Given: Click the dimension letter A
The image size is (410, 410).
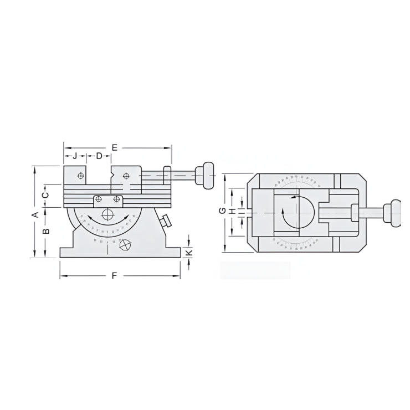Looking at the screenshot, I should [x=34, y=214].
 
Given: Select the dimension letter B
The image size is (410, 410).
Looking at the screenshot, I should [x=47, y=230].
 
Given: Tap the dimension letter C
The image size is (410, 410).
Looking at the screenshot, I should [x=47, y=194].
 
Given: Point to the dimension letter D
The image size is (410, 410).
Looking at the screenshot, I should [x=99, y=156].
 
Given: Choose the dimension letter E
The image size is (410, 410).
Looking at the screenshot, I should [x=115, y=147].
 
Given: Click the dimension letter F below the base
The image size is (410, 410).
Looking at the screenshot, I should [x=115, y=275].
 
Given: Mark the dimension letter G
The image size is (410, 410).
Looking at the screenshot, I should [x=222, y=211].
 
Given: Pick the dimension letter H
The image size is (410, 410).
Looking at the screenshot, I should [x=233, y=211].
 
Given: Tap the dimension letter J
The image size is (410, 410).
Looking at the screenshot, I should [x=75, y=156].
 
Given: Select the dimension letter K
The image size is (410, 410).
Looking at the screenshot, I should [x=189, y=252].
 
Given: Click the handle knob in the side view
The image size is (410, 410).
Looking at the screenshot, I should [x=208, y=175].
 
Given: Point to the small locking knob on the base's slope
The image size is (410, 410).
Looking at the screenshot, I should [x=165, y=221].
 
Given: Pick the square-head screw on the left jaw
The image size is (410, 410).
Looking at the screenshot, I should [x=81, y=176].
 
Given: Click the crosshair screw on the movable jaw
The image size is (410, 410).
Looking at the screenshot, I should [x=127, y=176].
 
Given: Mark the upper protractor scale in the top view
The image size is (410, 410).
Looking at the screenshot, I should [x=298, y=181].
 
